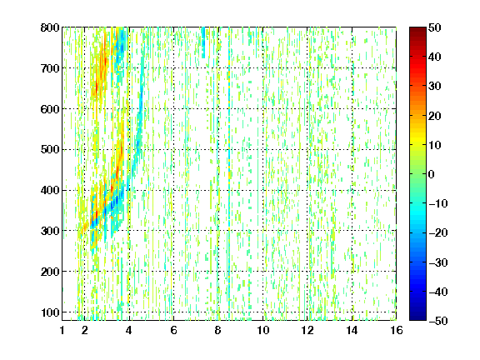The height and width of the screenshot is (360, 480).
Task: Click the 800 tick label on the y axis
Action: [x=50, y=27]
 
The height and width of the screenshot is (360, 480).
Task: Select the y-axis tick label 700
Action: [x=50, y=68]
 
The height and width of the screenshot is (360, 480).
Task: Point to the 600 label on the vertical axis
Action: [x=50, y=109]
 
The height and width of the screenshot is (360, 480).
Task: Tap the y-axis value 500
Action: [x=50, y=150]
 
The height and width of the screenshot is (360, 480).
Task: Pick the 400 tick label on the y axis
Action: [x=50, y=190]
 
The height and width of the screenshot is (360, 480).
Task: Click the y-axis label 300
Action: [x=50, y=231]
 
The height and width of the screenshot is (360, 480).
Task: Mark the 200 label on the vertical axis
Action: [x=50, y=272]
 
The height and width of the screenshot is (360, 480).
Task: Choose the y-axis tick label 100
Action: [x=50, y=312]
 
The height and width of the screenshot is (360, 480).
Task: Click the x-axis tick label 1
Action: [x=62, y=330]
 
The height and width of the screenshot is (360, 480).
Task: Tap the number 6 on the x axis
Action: [x=173, y=330]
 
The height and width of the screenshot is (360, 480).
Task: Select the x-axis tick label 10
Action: [x=263, y=330]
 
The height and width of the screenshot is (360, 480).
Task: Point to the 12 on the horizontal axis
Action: [x=307, y=330]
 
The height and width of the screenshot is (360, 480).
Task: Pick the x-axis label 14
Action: [x=352, y=330]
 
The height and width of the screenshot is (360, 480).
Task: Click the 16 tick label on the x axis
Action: [x=397, y=330]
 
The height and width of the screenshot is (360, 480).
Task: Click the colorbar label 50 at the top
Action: [x=435, y=27]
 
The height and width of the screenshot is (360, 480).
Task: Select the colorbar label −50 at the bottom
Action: [x=438, y=321]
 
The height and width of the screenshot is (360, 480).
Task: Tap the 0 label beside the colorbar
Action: [x=432, y=174]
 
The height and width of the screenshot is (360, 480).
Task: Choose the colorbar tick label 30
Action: [x=435, y=87]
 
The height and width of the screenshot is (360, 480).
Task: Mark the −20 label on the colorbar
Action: [x=438, y=233]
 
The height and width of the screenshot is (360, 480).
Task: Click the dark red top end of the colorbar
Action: [x=417, y=29]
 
